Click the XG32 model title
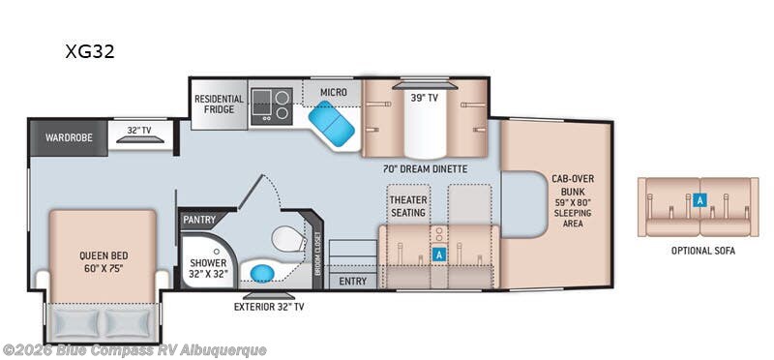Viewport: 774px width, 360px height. click(x=90, y=51)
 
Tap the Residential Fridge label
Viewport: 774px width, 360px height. click(x=219, y=104)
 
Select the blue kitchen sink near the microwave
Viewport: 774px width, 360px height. click(x=331, y=124)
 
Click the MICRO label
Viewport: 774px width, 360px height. click(x=333, y=92)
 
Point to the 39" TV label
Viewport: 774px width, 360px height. click(x=425, y=98)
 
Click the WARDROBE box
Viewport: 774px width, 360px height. click(x=69, y=137)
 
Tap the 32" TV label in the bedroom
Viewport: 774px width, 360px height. click(x=139, y=131)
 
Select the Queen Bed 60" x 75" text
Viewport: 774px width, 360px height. click(x=104, y=261)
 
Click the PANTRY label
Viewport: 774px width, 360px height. click(x=199, y=220)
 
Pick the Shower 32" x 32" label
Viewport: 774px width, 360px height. click(x=208, y=268)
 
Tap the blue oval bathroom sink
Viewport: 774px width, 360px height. click(x=262, y=273)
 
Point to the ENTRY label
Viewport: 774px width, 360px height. click(x=353, y=282)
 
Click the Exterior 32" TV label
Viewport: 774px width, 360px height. click(x=269, y=307)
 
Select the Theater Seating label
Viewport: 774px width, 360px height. click(x=408, y=206)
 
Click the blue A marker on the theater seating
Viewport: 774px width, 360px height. click(x=438, y=254)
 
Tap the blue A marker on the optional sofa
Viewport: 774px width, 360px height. click(x=700, y=200)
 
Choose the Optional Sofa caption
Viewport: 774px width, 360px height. click(x=703, y=251)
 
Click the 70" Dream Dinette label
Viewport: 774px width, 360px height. click(x=425, y=169)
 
